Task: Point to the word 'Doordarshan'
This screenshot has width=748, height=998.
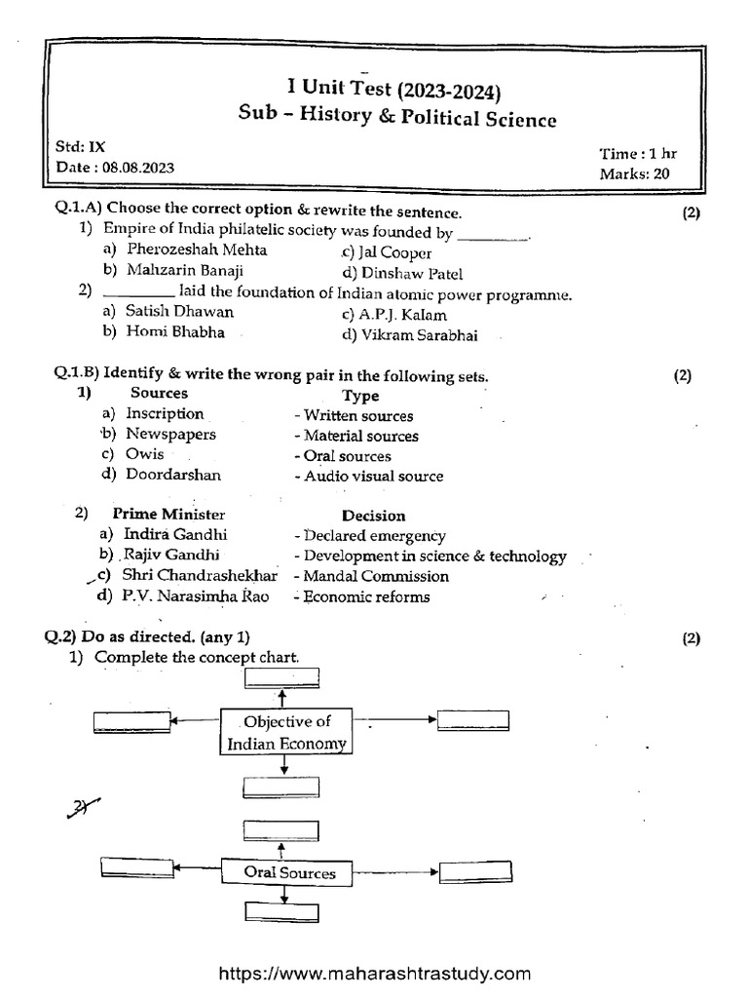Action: coord(172,475)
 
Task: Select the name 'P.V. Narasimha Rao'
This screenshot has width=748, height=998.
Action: coord(196,595)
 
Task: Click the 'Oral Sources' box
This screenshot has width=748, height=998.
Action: coord(289,873)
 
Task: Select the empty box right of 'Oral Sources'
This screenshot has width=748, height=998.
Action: coord(473,871)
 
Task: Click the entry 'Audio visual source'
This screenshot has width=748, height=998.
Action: coord(373,477)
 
